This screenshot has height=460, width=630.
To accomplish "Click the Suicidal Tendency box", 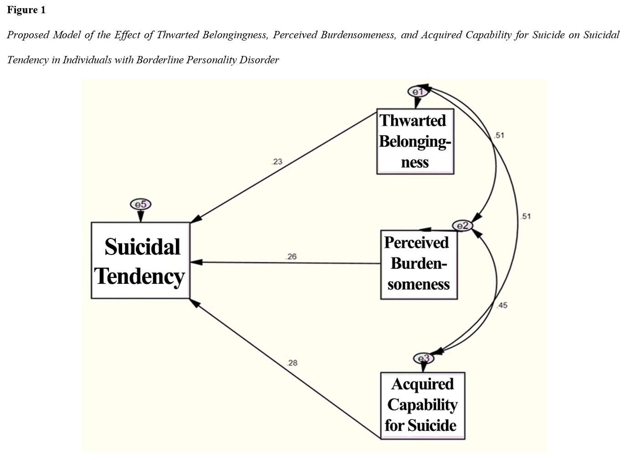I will (140, 261).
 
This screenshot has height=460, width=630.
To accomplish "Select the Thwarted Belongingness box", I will (415, 141).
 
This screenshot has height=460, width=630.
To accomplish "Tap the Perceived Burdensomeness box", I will (418, 264).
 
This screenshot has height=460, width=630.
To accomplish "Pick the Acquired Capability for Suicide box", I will (422, 405).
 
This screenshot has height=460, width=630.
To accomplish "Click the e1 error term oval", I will (418, 92).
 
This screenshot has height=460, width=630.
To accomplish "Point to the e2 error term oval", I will (462, 225).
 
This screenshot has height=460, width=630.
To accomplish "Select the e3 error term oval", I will (423, 358).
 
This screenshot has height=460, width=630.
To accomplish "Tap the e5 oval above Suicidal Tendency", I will (140, 204).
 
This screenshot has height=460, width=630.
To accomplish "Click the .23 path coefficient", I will (277, 161).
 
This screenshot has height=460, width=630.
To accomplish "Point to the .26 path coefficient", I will (291, 256).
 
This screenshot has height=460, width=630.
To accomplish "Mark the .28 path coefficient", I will (292, 363).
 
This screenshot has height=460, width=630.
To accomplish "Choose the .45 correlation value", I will (501, 305).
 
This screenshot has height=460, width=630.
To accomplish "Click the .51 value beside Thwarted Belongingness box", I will (499, 135).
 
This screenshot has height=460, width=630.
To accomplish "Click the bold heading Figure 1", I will (26, 10).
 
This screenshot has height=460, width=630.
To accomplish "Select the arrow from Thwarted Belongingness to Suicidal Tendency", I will (283, 166).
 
